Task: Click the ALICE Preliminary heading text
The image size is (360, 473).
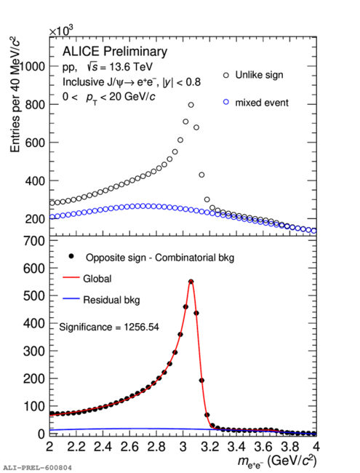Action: click(115, 52)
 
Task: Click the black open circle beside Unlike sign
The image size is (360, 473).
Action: click(226, 75)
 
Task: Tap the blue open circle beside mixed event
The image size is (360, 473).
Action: click(226, 103)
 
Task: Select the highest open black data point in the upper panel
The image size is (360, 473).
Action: click(191, 105)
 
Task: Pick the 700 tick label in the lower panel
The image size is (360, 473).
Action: click(34, 241)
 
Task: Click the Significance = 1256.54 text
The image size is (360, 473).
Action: click(109, 327)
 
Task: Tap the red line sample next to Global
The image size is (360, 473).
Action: click(71, 277)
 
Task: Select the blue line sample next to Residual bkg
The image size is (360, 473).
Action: click(71, 299)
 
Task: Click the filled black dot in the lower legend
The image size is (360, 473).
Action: click(71, 256)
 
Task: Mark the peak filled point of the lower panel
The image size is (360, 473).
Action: click(191, 282)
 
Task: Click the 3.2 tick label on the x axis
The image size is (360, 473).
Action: click(210, 447)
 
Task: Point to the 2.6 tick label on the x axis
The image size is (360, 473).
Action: click(129, 447)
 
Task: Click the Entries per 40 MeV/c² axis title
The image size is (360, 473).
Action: click(15, 95)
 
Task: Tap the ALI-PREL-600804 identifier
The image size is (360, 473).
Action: click(37, 468)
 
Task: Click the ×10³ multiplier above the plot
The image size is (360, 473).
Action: click(62, 31)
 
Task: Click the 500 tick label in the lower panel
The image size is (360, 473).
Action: click(34, 295)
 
